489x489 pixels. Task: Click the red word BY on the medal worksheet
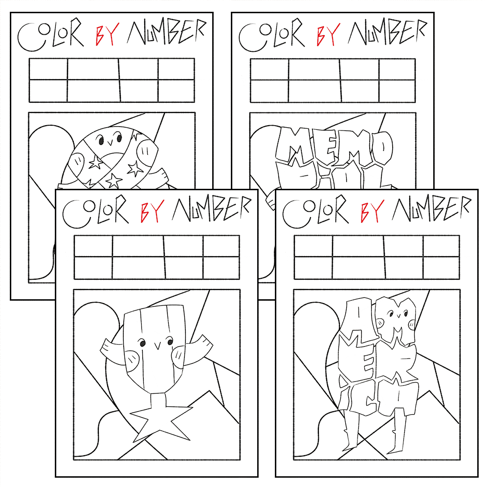(151, 211)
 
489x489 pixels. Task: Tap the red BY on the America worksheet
(371, 211)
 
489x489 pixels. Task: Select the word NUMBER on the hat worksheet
(167, 33)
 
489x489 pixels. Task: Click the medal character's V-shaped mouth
(156, 346)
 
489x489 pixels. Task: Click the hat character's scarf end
(158, 176)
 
